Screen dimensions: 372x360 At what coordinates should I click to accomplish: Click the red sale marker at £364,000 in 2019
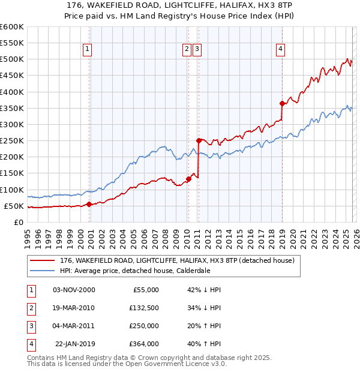[282, 103]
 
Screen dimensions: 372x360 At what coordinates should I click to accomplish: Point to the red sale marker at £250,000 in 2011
[199, 140]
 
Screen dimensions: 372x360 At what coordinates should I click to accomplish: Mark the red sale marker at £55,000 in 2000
[89, 204]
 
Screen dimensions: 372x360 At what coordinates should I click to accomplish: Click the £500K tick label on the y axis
[12, 59]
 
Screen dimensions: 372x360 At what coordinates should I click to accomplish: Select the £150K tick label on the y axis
[12, 173]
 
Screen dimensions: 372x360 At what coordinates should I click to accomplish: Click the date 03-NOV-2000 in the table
[74, 290]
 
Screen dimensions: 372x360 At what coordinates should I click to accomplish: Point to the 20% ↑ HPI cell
[204, 326]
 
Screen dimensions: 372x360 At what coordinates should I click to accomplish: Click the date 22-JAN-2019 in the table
[74, 344]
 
